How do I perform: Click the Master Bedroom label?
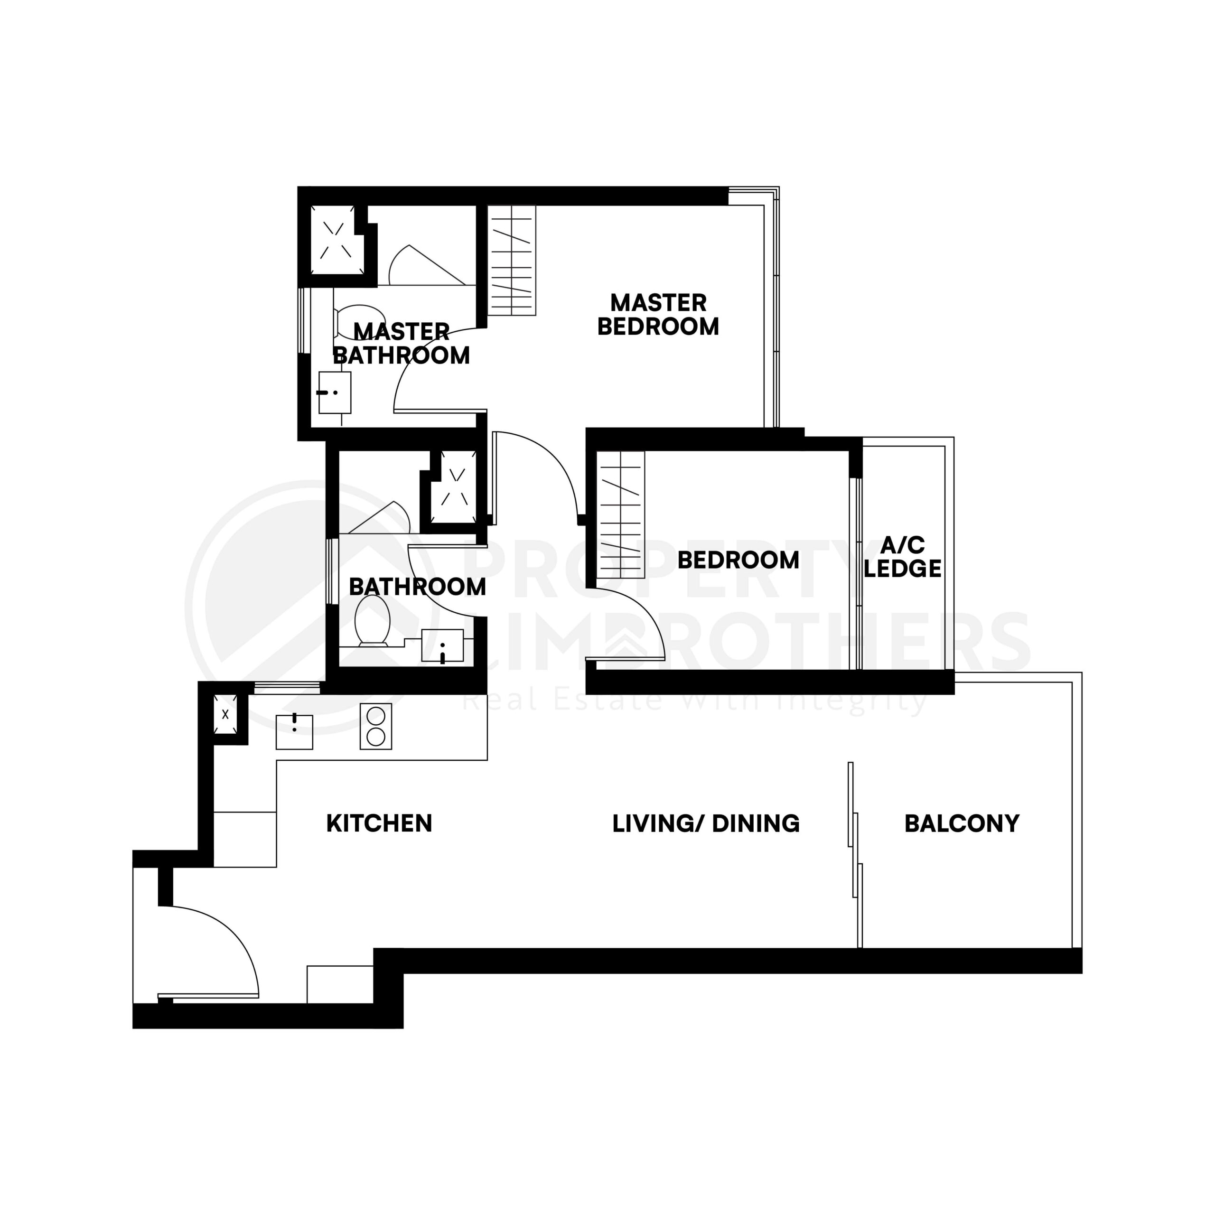pos(658,315)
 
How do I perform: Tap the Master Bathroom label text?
pos(401,343)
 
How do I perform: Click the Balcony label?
pos(962,823)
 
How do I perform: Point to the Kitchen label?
pos(379,823)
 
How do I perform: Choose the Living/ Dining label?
pos(706,823)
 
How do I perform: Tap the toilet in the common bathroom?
pos(372,620)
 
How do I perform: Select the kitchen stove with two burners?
pos(375,726)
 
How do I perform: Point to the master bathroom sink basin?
pos(335,393)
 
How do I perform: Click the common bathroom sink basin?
pos(442,646)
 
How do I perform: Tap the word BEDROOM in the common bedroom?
pos(738,560)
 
